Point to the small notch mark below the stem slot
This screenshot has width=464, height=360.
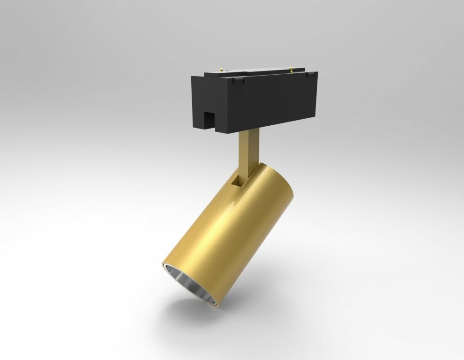[238, 203]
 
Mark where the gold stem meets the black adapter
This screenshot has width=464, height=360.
[248, 132]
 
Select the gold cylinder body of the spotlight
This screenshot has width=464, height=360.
[241, 237]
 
